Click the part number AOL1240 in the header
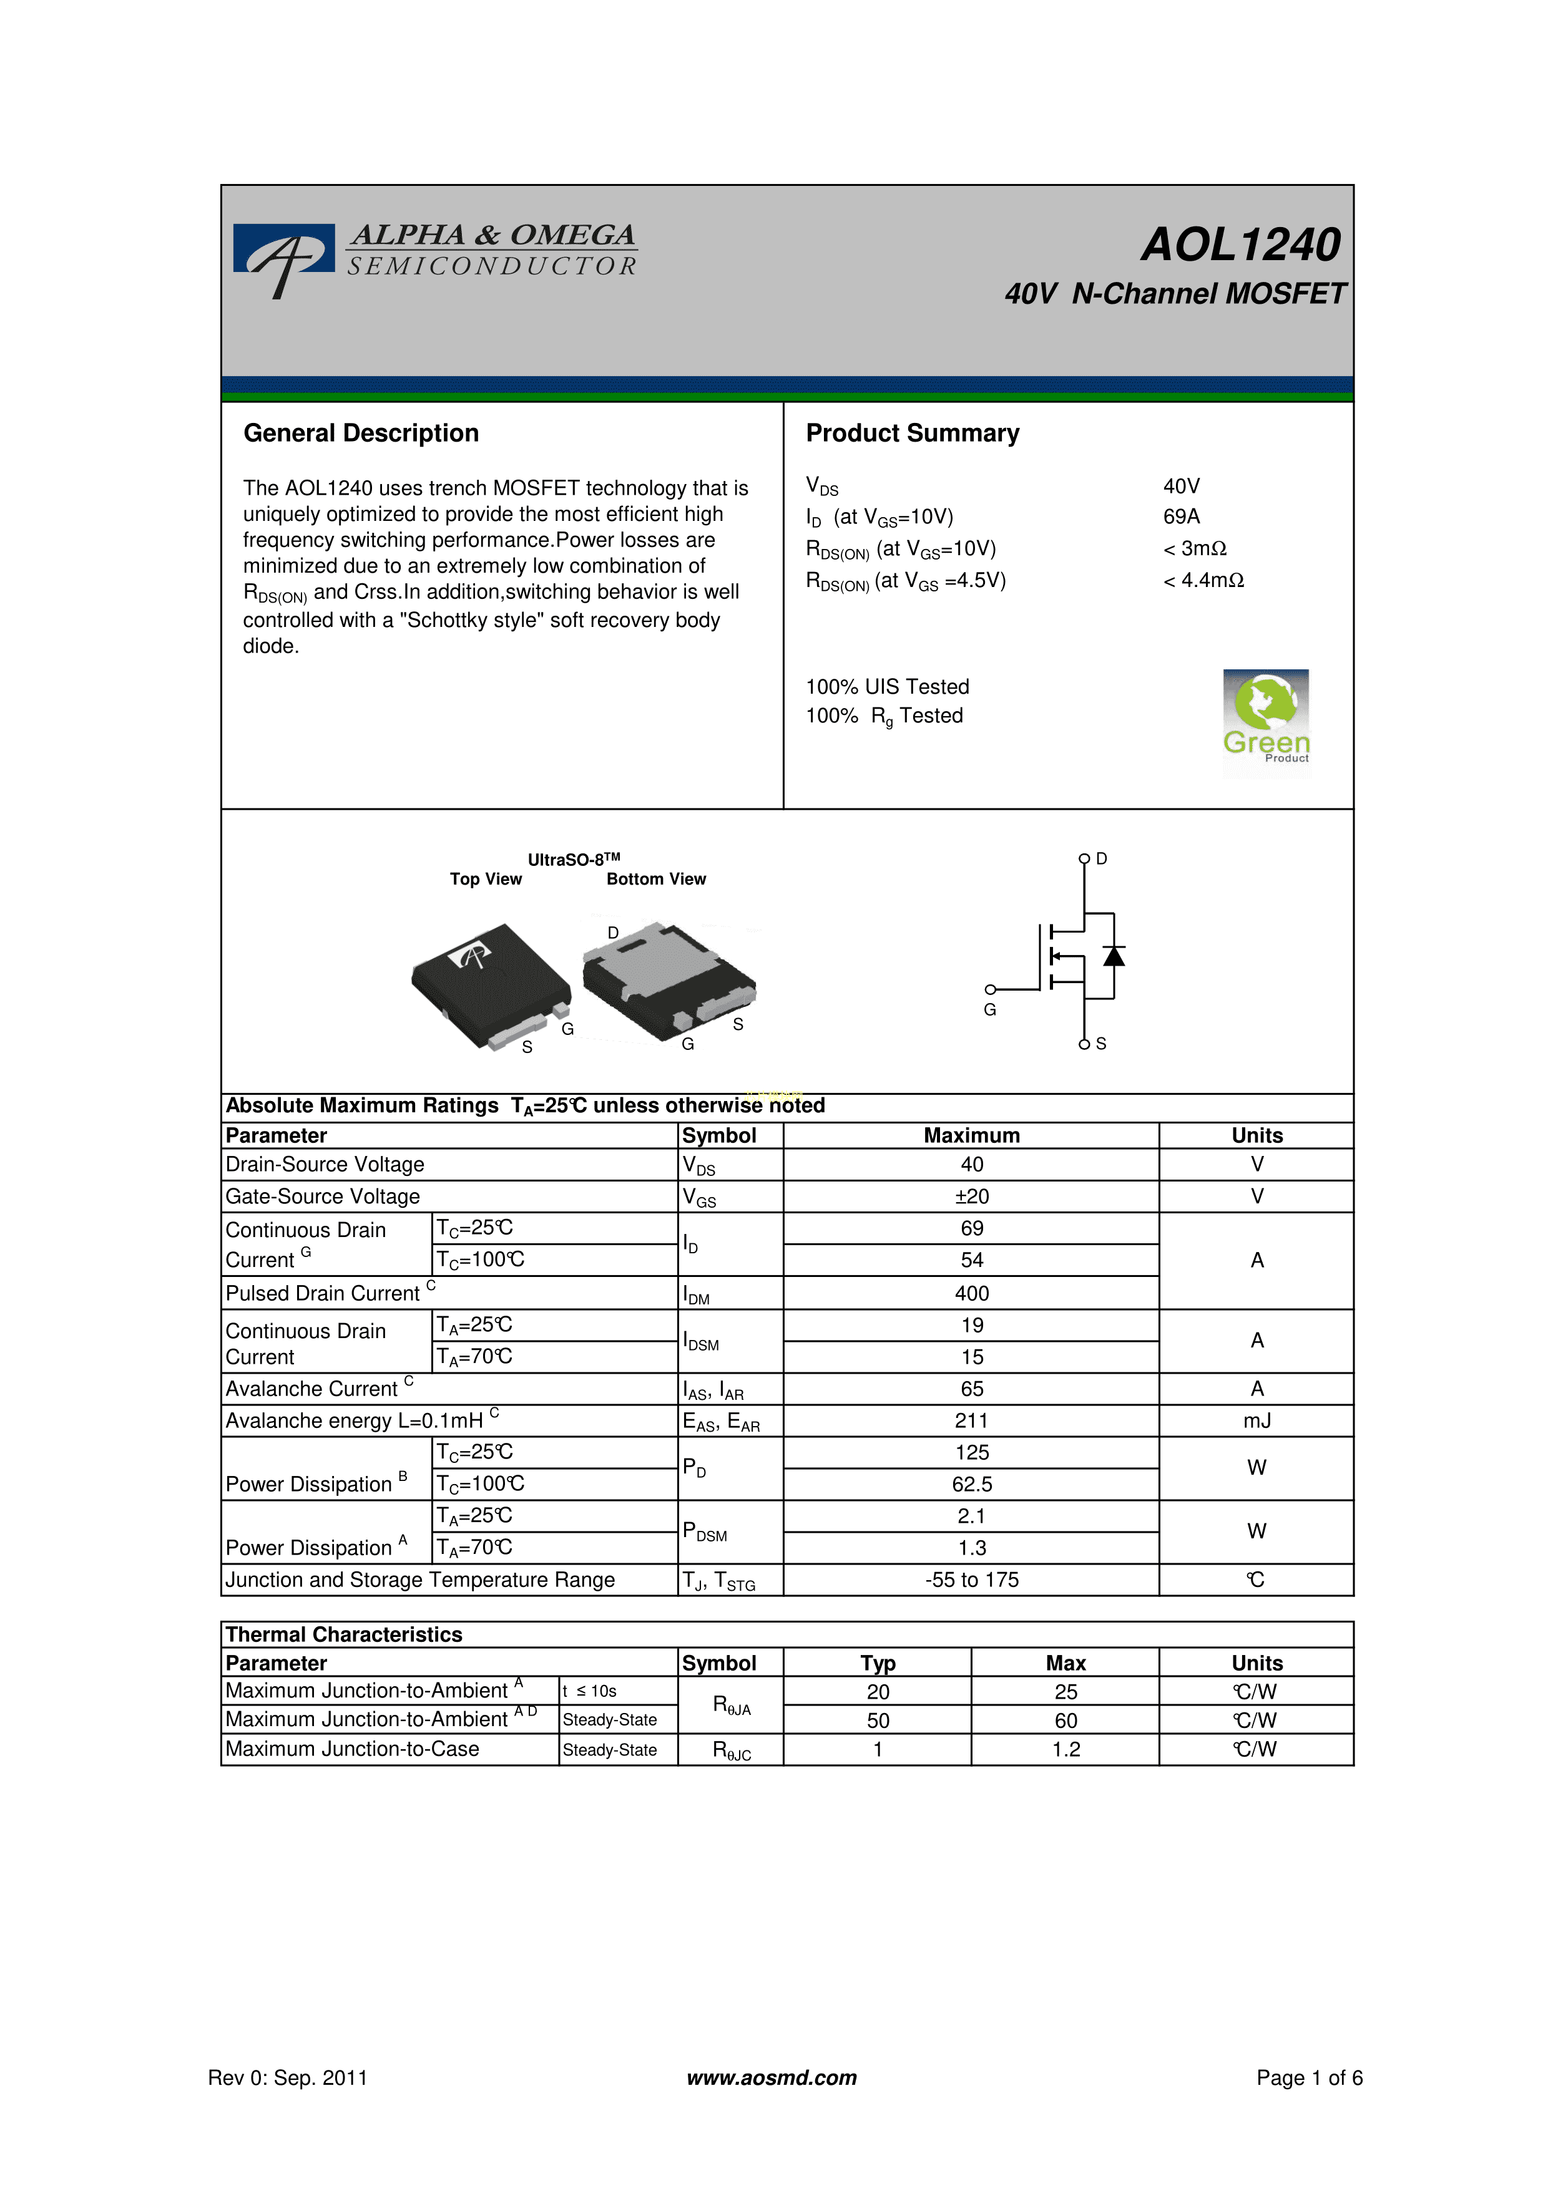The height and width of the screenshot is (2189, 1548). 1241,245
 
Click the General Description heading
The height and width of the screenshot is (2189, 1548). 361,434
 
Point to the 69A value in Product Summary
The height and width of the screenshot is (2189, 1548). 1181,517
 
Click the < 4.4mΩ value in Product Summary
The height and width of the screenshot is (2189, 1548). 1203,581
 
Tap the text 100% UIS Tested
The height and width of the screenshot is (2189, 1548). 887,686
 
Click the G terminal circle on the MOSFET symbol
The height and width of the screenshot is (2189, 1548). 990,989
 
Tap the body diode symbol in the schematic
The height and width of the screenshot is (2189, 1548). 1113,955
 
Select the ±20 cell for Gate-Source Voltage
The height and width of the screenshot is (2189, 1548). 971,1196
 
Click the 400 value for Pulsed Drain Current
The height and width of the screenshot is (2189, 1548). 971,1294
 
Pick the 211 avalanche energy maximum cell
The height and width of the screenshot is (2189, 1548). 971,1420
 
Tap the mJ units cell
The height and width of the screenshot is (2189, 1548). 1256,1420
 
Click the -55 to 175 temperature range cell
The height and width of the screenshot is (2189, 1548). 971,1580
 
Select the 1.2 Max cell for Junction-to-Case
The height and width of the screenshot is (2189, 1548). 1065,1749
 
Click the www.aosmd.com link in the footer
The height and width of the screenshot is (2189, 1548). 772,2077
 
